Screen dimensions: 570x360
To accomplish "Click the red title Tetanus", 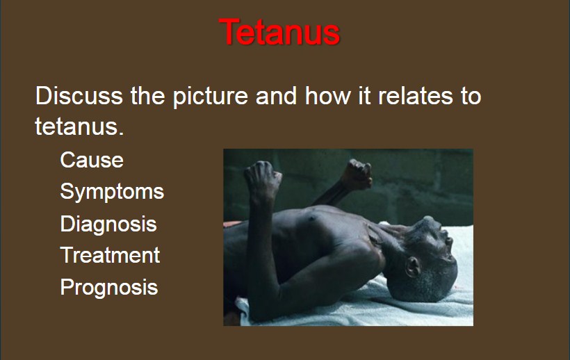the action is click(279, 32).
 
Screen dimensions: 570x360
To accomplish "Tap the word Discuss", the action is click(79, 96).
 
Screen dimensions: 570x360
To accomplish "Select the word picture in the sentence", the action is click(210, 97).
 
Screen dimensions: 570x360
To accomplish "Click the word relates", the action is click(416, 96).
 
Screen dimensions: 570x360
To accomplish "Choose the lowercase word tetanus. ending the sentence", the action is click(80, 126).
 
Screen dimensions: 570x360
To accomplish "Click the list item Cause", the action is click(92, 160).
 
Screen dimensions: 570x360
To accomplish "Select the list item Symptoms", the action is click(112, 192).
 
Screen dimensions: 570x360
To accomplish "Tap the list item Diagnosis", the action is click(108, 224).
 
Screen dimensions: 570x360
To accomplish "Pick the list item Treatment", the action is click(110, 255).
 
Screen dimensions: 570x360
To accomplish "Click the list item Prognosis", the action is click(109, 287).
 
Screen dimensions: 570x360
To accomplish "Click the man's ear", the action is click(413, 267).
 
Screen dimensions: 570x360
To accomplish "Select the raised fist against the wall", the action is click(357, 174).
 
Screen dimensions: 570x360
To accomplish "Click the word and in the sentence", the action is click(277, 96).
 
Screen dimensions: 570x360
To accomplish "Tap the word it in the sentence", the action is click(365, 96).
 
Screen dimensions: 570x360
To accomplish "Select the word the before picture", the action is click(148, 96).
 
